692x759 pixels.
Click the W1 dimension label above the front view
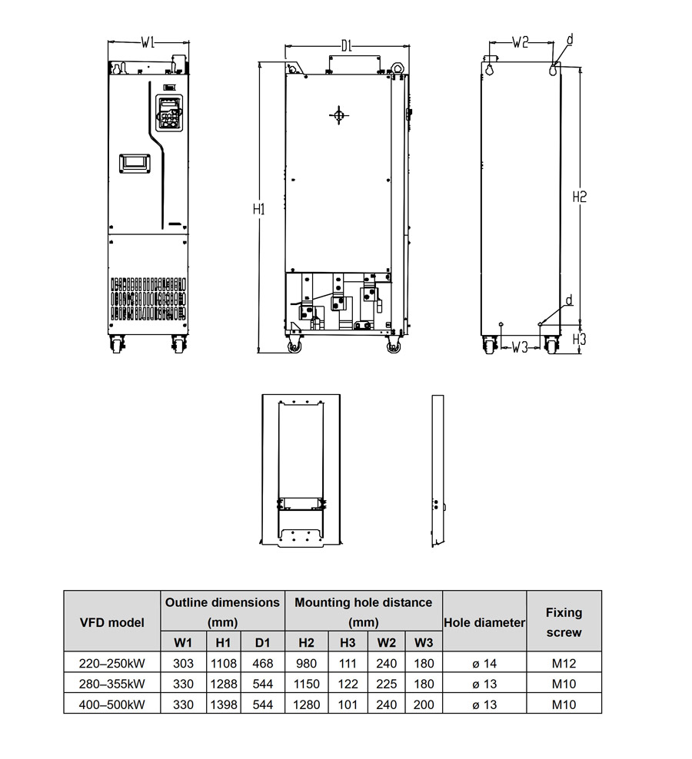click(148, 42)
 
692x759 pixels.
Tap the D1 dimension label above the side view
click(346, 46)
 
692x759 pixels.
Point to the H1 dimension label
click(259, 209)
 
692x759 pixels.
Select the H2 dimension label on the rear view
click(580, 197)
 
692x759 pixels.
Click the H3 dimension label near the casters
click(580, 339)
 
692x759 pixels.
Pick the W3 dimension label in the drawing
click(520, 347)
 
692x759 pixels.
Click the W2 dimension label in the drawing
click(520, 42)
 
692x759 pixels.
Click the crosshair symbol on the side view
click(338, 115)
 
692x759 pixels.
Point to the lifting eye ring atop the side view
click(398, 68)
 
